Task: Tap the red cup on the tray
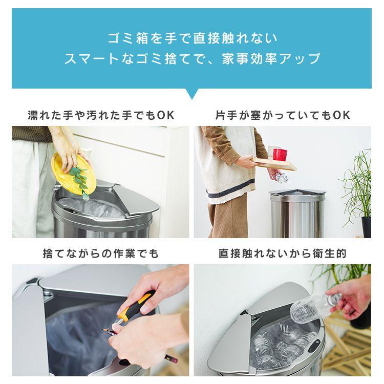click(280, 153)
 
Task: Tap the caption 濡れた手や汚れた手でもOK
click(101, 115)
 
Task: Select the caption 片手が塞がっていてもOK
click(282, 115)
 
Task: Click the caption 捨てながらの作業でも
click(101, 253)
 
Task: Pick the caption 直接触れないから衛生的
click(282, 253)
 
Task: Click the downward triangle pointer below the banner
click(192, 94)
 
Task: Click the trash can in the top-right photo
click(297, 212)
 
